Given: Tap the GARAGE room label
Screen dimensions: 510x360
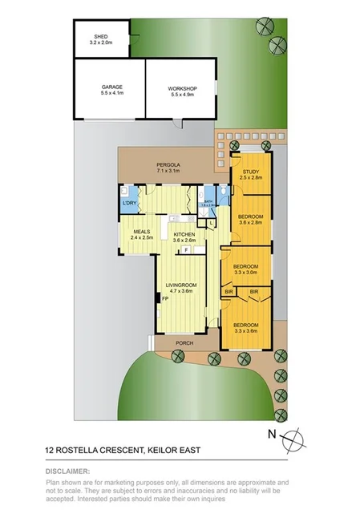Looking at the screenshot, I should coord(111,89).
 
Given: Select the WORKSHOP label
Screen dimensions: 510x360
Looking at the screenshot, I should coord(183,89).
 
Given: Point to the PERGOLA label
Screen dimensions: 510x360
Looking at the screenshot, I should coord(168,168).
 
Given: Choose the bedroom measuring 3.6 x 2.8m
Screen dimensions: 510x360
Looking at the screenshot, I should coord(250,219).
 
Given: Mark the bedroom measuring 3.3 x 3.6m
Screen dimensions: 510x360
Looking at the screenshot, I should coord(246,325).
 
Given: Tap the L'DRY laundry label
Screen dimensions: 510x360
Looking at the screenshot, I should coord(129,204).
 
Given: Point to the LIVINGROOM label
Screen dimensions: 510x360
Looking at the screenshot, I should coord(181,286).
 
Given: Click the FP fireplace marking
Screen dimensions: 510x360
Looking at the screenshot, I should coord(164,299).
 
